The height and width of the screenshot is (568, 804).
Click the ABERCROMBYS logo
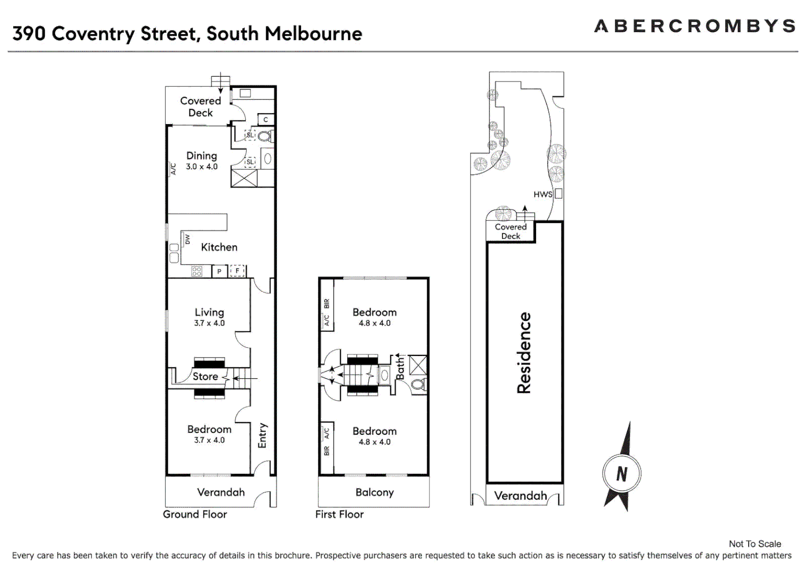click(694, 26)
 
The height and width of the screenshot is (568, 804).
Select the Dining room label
click(202, 156)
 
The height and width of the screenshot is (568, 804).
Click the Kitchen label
click(219, 247)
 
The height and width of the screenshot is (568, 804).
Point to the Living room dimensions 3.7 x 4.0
click(209, 323)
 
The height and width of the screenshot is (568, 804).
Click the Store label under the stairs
click(205, 377)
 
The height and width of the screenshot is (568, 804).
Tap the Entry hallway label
click(262, 435)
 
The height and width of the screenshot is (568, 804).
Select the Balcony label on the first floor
click(374, 492)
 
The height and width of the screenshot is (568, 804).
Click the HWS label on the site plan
click(542, 194)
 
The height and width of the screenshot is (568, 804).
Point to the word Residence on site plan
click(524, 352)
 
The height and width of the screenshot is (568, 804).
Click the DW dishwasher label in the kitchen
click(187, 239)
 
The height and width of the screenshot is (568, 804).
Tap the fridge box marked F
click(237, 271)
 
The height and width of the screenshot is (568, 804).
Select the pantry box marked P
click(219, 271)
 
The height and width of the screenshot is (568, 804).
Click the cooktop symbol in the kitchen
click(197, 271)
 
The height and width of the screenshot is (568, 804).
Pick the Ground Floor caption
click(195, 514)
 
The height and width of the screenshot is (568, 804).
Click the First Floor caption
click(339, 514)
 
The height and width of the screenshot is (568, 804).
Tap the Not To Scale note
click(755, 544)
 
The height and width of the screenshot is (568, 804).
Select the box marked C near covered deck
click(266, 120)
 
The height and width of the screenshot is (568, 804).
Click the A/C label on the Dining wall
click(173, 168)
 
